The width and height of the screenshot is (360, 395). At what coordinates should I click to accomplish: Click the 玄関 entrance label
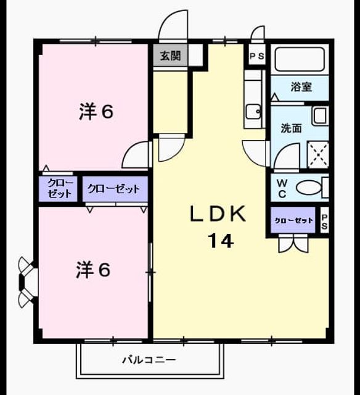[171, 56]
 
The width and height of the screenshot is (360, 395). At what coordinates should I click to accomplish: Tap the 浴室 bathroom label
[301, 86]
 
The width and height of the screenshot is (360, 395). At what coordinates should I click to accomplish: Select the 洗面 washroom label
[292, 128]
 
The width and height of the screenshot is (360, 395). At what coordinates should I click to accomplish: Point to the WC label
[282, 188]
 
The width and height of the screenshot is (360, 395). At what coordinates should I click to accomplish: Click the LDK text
[218, 214]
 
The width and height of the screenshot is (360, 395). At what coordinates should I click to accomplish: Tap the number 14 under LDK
[221, 241]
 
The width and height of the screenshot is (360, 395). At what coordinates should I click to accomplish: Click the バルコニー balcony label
[149, 360]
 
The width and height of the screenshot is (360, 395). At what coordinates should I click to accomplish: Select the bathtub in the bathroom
[300, 59]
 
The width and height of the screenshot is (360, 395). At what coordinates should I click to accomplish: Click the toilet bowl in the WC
[309, 188]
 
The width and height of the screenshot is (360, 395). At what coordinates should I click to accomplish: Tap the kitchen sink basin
[253, 111]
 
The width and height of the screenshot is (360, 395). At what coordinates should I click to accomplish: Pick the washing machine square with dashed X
[318, 155]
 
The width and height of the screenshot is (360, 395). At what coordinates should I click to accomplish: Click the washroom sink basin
[321, 115]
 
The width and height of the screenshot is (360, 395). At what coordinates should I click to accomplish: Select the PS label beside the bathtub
[257, 56]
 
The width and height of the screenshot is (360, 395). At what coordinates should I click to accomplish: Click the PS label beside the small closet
[324, 221]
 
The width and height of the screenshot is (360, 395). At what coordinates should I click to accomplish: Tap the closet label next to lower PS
[294, 221]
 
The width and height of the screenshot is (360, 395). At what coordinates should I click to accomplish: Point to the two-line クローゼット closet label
[60, 188]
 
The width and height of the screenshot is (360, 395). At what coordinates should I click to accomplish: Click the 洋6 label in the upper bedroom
[96, 112]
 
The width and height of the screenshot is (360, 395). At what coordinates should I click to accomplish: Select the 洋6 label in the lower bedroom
[93, 270]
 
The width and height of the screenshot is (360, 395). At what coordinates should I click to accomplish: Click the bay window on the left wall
[27, 282]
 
